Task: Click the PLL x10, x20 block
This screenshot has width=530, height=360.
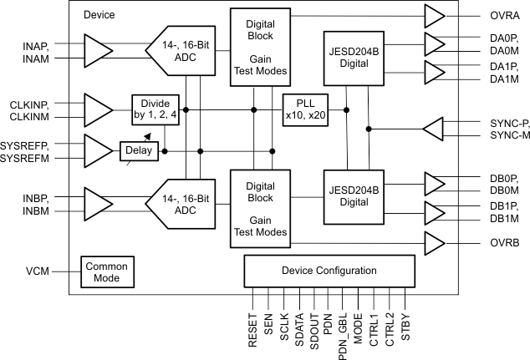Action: tap(305, 109)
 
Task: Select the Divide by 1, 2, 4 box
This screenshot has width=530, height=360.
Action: tap(155, 109)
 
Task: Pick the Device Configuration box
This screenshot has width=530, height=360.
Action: tap(327, 271)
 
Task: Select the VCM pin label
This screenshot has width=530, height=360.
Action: tap(38, 271)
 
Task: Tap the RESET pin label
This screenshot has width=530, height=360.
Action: tap(252, 327)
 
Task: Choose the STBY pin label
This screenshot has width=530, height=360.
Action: tap(405, 324)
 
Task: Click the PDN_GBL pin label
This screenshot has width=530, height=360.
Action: tap(344, 332)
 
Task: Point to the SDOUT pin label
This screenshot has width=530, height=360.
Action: tap(313, 327)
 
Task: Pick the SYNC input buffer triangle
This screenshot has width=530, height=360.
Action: tap(436, 129)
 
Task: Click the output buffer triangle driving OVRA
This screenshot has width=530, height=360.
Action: tap(436, 16)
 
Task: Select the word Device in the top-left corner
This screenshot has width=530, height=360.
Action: tap(99, 15)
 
